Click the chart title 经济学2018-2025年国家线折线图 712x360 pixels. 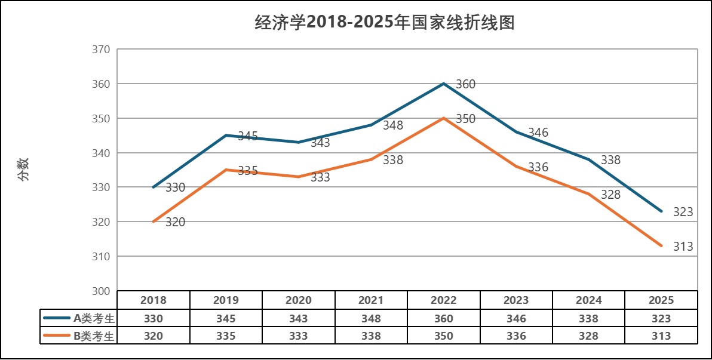(384, 23)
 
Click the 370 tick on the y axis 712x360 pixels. (101, 50)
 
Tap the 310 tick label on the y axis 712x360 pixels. (101, 256)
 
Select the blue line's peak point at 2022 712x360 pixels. (444, 84)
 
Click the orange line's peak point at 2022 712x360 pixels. (444, 118)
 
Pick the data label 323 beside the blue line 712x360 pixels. (683, 212)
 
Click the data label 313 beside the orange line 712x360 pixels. (683, 247)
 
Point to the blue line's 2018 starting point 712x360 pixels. (154, 187)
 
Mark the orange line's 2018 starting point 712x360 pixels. (154, 221)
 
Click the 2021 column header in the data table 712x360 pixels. (371, 300)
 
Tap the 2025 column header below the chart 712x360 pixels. (661, 300)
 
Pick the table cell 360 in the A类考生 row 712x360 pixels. (444, 319)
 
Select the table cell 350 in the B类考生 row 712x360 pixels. (444, 336)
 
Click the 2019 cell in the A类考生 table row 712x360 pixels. (226, 319)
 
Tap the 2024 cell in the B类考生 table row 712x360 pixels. (588, 336)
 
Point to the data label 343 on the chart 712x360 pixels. (320, 143)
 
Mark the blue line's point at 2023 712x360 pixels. (516, 131)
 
